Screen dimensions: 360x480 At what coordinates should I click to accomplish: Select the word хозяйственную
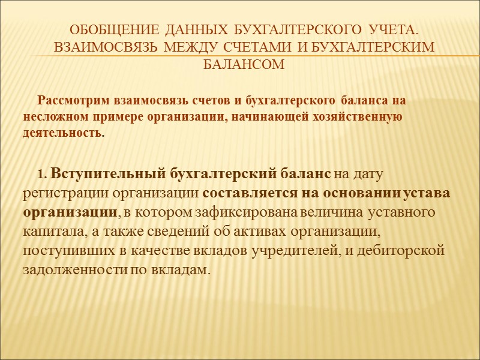[362, 116]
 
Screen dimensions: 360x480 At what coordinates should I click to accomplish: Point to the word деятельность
[64, 133]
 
